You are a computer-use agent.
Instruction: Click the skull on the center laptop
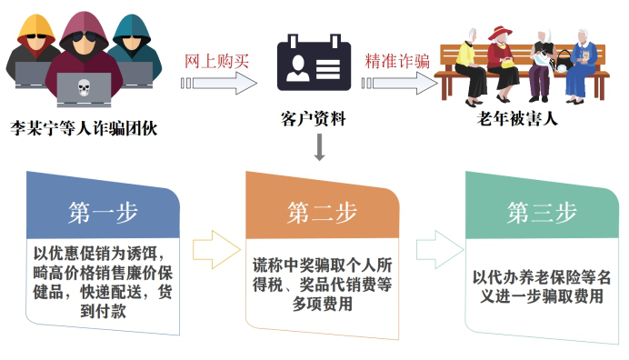point(84,88)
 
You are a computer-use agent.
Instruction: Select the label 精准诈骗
point(396,61)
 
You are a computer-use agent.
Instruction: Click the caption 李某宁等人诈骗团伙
point(84,128)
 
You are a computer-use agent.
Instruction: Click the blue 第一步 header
point(103,212)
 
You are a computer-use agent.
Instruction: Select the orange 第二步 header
point(323,213)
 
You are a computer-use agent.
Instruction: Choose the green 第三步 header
point(542,212)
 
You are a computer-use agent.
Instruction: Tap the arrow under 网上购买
point(219,84)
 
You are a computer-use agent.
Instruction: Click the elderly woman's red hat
point(497,32)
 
